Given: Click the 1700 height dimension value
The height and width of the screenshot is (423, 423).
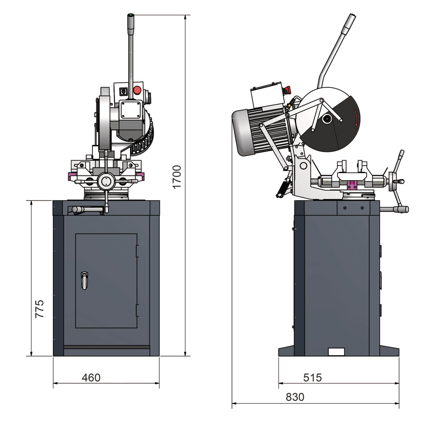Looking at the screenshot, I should [177, 177].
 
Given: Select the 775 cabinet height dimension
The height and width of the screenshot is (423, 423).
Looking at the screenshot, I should [39, 309].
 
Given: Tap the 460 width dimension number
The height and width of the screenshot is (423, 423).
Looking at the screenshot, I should [91, 377].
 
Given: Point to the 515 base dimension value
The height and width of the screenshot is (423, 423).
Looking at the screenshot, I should [312, 377].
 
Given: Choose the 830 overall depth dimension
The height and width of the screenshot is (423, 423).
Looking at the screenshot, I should [295, 397].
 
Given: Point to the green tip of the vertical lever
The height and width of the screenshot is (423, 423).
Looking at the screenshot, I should [131, 16].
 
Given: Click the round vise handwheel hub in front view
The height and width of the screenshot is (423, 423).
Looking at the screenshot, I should [106, 181].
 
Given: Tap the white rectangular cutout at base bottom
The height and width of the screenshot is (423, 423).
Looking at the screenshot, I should [336, 352].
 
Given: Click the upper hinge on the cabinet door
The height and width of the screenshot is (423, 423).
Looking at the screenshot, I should [137, 251].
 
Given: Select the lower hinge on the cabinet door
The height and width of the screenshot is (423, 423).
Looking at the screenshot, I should [137, 310].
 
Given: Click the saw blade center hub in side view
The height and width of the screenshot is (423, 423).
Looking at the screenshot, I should [327, 119].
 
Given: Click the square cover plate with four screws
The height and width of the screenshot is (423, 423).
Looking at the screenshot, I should [131, 110].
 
